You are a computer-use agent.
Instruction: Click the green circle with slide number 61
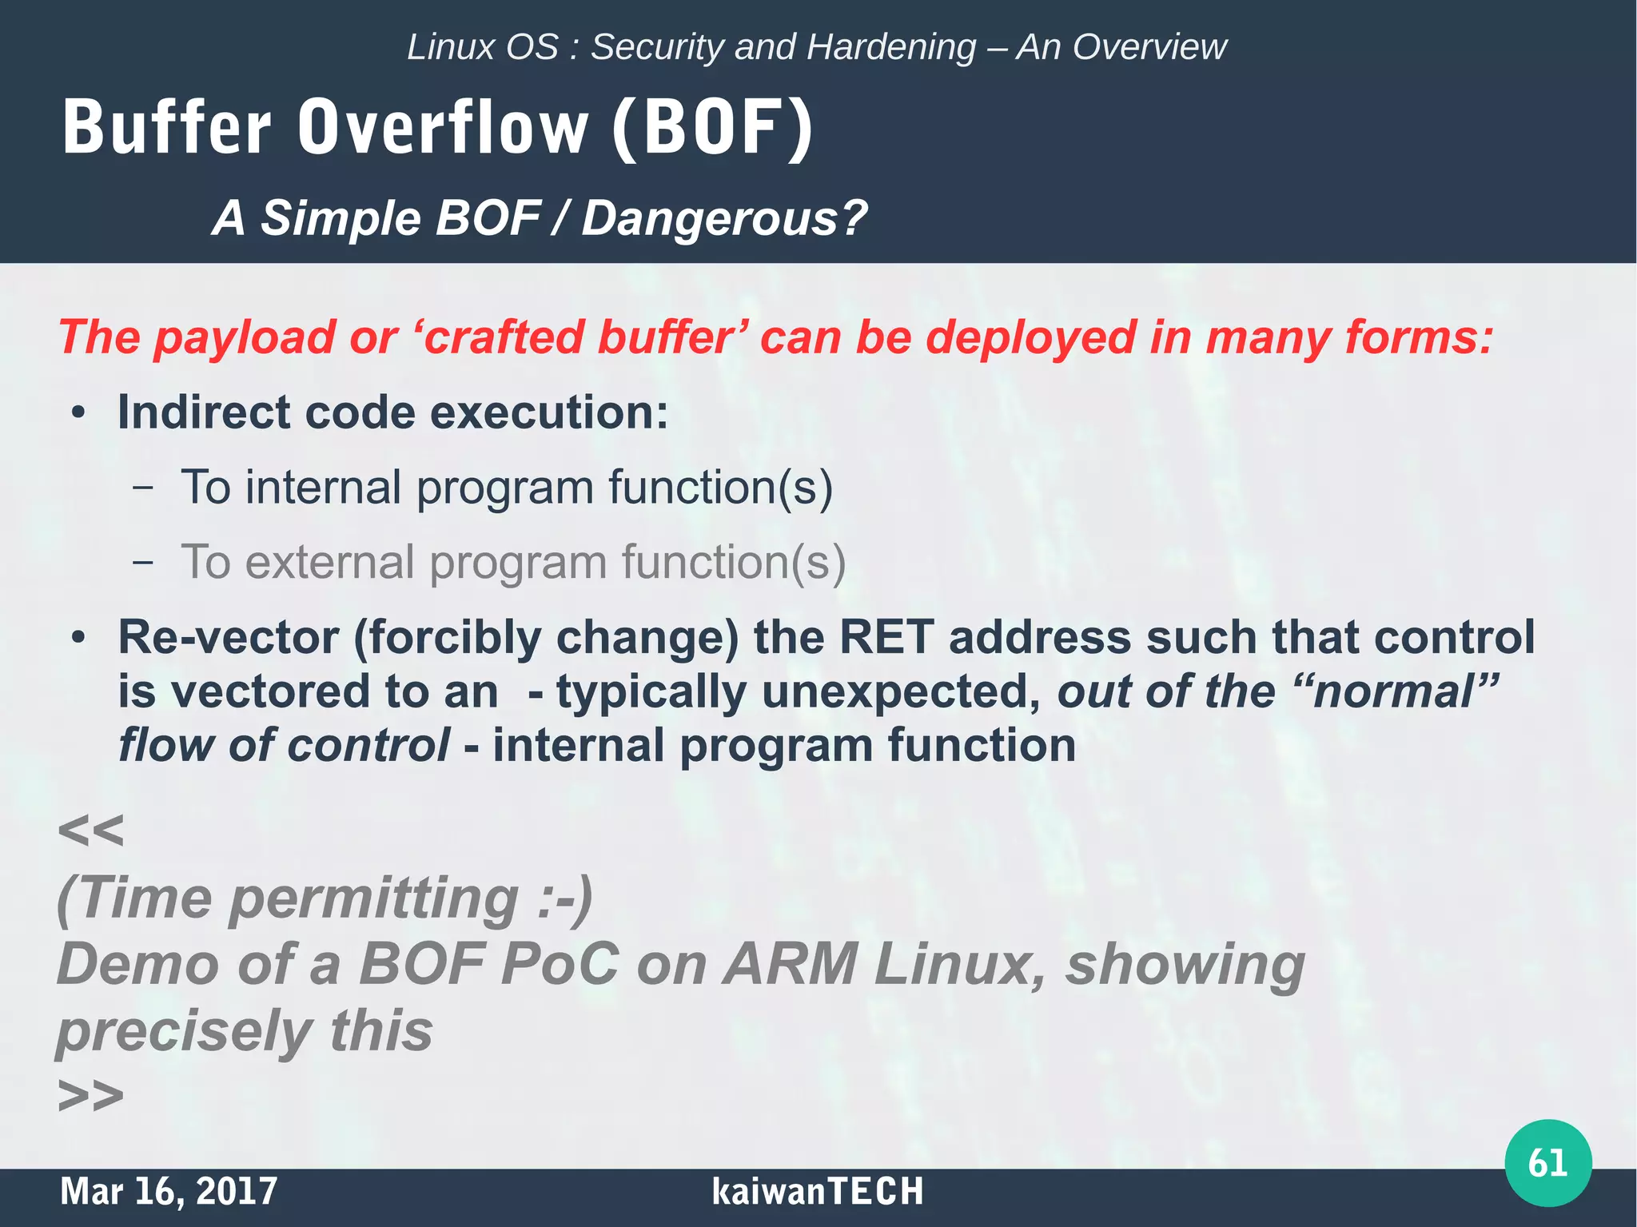1547,1162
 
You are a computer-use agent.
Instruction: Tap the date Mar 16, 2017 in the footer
169,1191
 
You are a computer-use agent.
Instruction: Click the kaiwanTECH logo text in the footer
817,1191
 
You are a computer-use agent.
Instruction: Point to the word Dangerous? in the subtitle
723,218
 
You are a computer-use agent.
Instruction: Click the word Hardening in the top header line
890,47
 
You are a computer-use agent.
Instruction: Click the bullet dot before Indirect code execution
78,414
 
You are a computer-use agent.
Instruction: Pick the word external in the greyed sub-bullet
329,562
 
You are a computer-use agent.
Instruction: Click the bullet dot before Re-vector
78,639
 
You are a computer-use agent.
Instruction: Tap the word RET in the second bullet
886,637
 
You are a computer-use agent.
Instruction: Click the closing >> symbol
90,1095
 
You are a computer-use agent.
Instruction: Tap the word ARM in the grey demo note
790,964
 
